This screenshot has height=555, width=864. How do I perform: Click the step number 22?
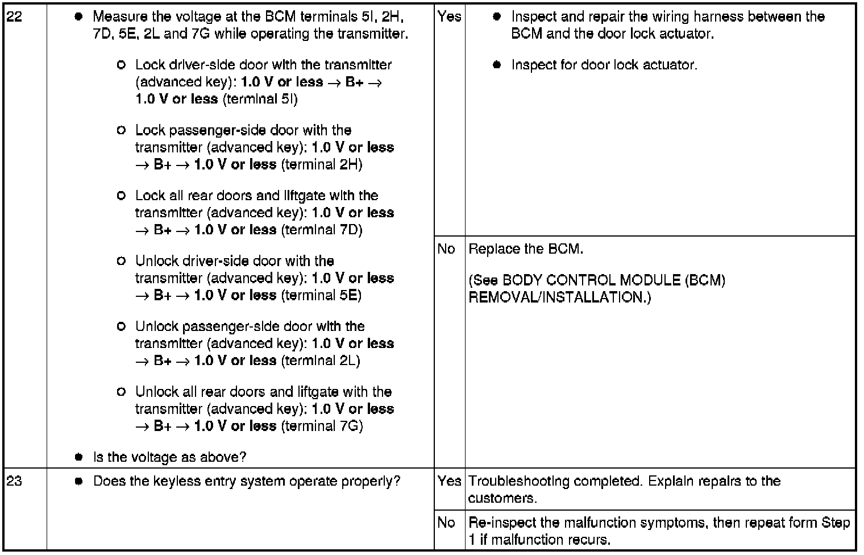[14, 16]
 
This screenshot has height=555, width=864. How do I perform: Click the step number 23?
[14, 481]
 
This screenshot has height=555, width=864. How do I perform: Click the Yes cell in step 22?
[449, 16]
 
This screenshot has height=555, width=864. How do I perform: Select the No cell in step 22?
[447, 249]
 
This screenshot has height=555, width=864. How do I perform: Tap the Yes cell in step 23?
[449, 481]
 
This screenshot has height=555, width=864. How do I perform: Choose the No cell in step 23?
[447, 522]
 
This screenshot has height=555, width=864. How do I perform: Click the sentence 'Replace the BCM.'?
[526, 249]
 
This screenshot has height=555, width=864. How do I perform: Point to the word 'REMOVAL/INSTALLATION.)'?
[559, 297]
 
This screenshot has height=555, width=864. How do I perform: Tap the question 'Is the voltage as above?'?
[169, 457]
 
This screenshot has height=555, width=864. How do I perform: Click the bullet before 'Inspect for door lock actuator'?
[497, 65]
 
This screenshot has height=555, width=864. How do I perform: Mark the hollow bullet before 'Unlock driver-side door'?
[121, 261]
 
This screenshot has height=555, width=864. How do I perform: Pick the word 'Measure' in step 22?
[117, 16]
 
